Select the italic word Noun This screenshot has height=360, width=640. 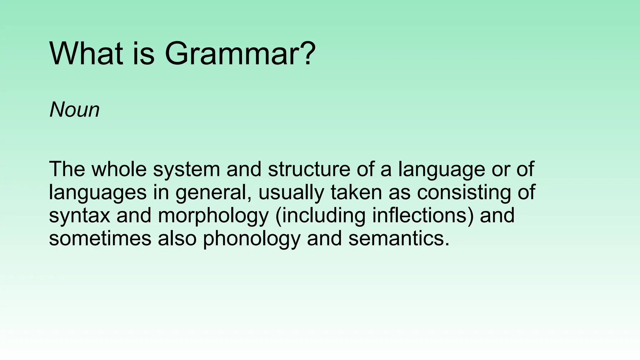[74, 110]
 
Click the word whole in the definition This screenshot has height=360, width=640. [119, 169]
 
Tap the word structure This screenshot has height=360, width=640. [309, 169]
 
